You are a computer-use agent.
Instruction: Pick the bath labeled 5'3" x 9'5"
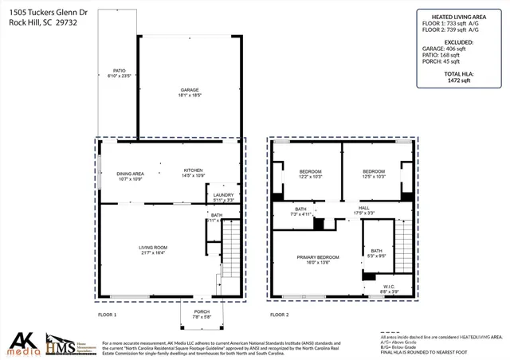click(375, 253)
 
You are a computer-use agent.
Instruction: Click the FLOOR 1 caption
click(107, 315)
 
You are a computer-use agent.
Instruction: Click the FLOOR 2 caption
click(279, 315)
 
